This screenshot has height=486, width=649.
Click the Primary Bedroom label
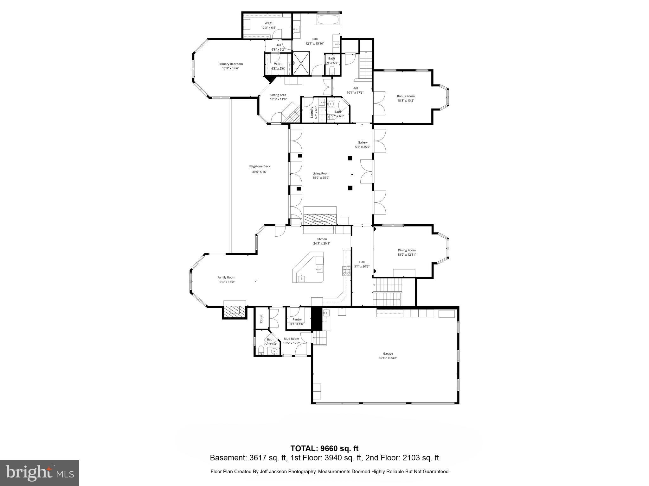(x=230, y=64)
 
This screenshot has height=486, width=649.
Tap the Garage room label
(x=388, y=354)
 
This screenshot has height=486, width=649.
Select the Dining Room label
(x=407, y=250)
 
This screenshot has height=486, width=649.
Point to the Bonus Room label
(x=406, y=96)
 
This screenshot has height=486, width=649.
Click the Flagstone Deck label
(x=260, y=166)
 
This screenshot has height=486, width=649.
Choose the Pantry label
(x=297, y=320)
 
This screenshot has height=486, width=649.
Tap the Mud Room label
(x=291, y=339)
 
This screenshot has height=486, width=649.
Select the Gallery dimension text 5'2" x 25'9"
(x=363, y=147)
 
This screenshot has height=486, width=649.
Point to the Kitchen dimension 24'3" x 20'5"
(x=322, y=244)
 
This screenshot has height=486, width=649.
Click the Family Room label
(x=226, y=277)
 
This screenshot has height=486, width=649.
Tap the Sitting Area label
(x=278, y=95)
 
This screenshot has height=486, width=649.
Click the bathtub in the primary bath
(x=328, y=20)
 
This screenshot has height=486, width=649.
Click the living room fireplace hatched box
(x=319, y=219)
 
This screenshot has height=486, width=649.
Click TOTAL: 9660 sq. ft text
(x=324, y=448)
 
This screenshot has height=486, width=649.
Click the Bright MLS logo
(x=40, y=473)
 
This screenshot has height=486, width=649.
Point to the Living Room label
(x=321, y=173)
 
